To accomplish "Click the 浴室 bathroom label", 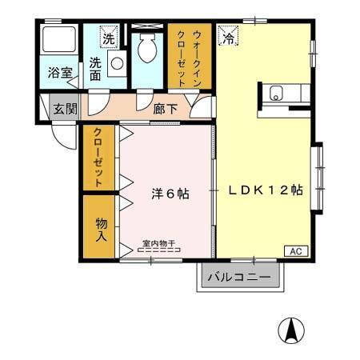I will pos(61,73).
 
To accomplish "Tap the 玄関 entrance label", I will pos(63,108).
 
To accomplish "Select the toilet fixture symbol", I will pos(147,50).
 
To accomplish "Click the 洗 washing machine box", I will pos(107,36).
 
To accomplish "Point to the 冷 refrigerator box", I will pos(229,36).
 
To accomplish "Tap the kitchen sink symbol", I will pos(277,92).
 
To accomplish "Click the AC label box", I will pos(294,250).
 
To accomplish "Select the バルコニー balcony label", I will pos(239,278).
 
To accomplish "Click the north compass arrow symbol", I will pos(292,330).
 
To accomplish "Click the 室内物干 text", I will pos(159,242).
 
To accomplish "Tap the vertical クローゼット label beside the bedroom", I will pos(98,158).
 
